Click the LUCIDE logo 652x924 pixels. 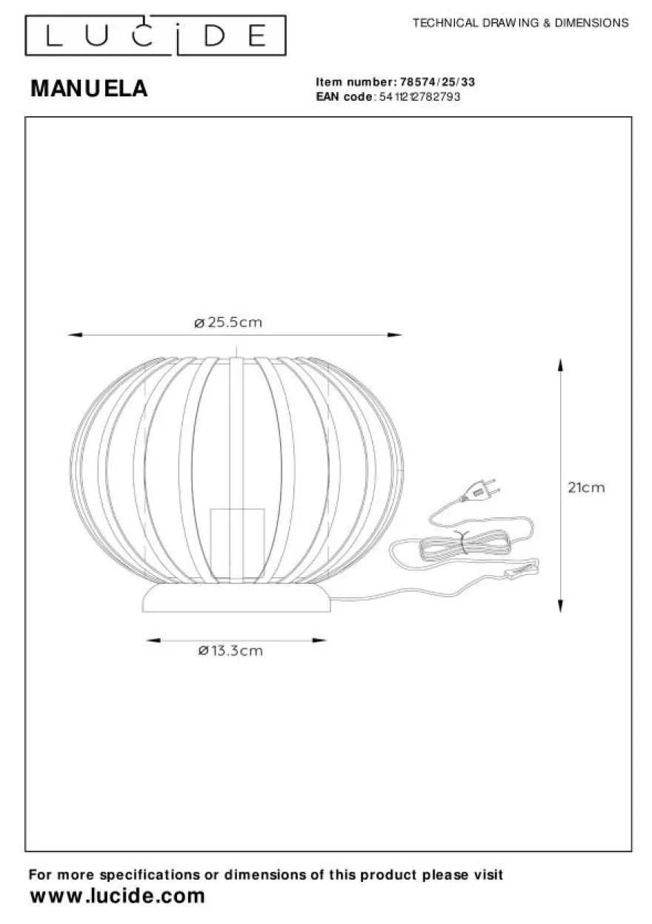point(156,36)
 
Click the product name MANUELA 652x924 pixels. point(89,88)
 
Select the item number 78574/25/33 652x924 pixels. point(438,82)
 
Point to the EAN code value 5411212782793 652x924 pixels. point(419,97)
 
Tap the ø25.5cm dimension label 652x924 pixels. point(228,322)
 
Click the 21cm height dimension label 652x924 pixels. point(586,488)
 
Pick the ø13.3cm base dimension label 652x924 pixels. point(230,651)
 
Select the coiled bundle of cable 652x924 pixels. point(463,545)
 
